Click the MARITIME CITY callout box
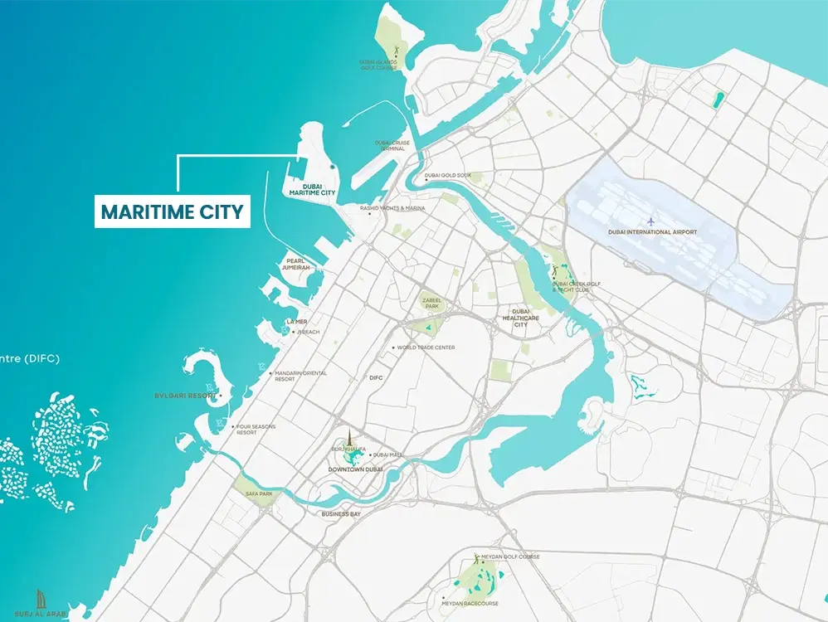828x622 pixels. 173,211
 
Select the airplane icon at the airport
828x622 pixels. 651,220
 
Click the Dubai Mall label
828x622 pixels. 387,454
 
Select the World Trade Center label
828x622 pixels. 425,347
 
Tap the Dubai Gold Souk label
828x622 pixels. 447,176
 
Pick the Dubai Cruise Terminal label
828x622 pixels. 392,145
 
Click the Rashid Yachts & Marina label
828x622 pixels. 392,208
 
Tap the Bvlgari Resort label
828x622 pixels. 185,396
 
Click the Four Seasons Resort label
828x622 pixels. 256,430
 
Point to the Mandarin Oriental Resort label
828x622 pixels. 300,376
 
